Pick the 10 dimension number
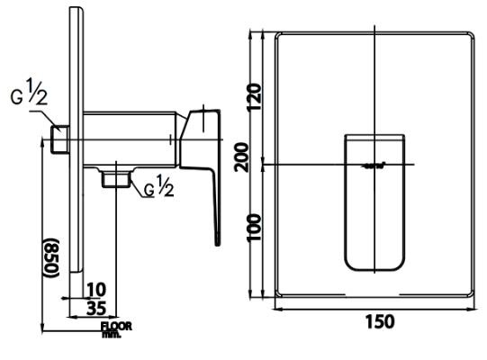pyautogui.click(x=97, y=289)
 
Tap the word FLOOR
pyautogui.click(x=115, y=326)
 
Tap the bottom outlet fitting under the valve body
pyautogui.click(x=113, y=177)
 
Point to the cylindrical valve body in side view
pyautogui.click(x=131, y=139)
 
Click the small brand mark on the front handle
pyautogui.click(x=374, y=165)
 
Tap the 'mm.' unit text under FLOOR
pyautogui.click(x=112, y=334)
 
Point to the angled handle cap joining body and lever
pyautogui.click(x=198, y=135)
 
